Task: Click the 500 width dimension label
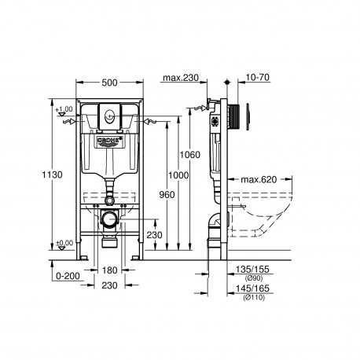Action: pyautogui.click(x=109, y=83)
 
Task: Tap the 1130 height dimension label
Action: pyautogui.click(x=53, y=174)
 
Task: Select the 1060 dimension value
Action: pyautogui.click(x=190, y=155)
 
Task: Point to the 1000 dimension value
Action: pyautogui.click(x=178, y=175)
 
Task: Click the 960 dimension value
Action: pyautogui.click(x=167, y=195)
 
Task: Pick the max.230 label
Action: pyautogui.click(x=181, y=78)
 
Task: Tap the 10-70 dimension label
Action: pyautogui.click(x=258, y=78)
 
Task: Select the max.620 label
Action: pyautogui.click(x=259, y=180)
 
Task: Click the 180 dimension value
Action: pyautogui.click(x=109, y=270)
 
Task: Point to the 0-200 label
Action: pyautogui.click(x=68, y=276)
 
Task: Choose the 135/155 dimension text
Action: pyautogui.click(x=252, y=270)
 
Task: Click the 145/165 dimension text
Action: pyautogui.click(x=252, y=288)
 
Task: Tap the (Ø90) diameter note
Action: pyautogui.click(x=253, y=278)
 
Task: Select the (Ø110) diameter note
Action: pyautogui.click(x=254, y=297)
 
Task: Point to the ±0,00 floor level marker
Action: pyautogui.click(x=64, y=243)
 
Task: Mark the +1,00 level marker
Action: pyautogui.click(x=64, y=109)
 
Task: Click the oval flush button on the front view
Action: pyautogui.click(x=109, y=116)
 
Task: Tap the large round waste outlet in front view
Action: pyautogui.click(x=109, y=219)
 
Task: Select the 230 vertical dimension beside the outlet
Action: pyautogui.click(x=154, y=235)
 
